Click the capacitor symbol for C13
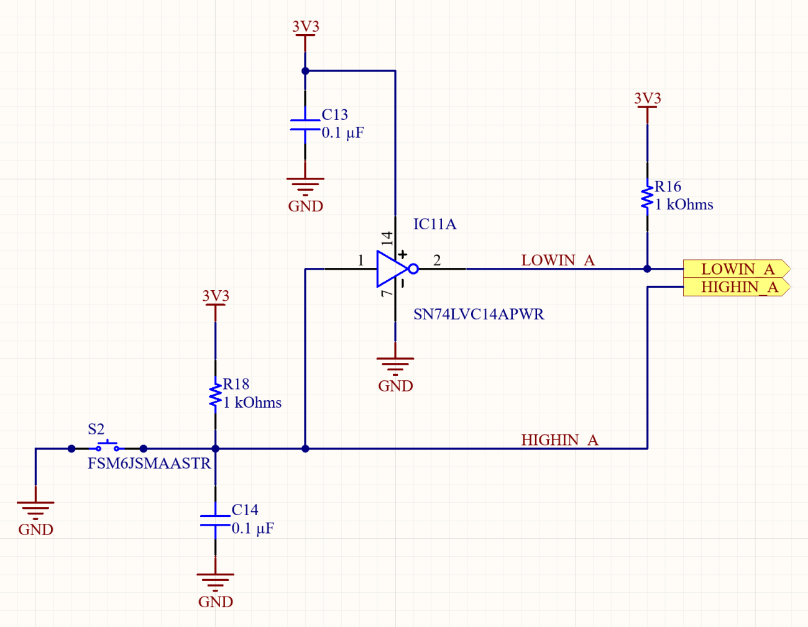(305, 125)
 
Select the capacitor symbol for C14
(216, 520)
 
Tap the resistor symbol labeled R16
(647, 196)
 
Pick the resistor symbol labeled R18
(216, 395)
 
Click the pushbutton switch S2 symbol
(108, 446)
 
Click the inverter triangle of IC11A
(390, 269)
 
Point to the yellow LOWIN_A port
(737, 269)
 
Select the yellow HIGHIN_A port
(737, 287)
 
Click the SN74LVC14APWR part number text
(479, 314)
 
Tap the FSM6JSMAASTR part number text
(149, 464)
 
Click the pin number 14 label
(387, 238)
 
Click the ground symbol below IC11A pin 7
(395, 363)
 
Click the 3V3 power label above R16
(647, 99)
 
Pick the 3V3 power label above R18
(216, 296)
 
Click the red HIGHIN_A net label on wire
(559, 440)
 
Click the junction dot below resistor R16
(647, 269)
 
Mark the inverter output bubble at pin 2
(413, 269)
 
